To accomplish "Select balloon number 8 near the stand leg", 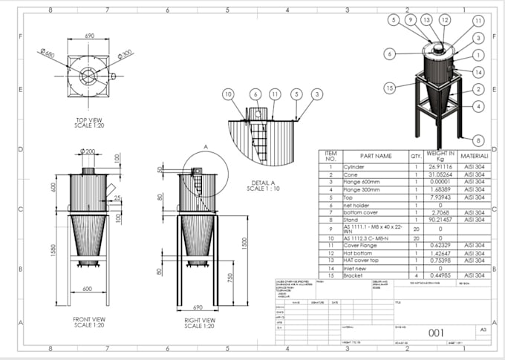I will click(x=478, y=139).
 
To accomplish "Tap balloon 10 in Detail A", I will click(x=228, y=94).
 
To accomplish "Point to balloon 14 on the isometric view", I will click(x=478, y=72).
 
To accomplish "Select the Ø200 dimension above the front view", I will click(x=88, y=151).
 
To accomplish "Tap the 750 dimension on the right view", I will click(x=230, y=278).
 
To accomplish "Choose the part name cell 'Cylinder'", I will click(x=355, y=168).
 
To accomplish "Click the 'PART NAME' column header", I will click(x=376, y=157).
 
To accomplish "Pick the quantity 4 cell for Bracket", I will click(x=416, y=275).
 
